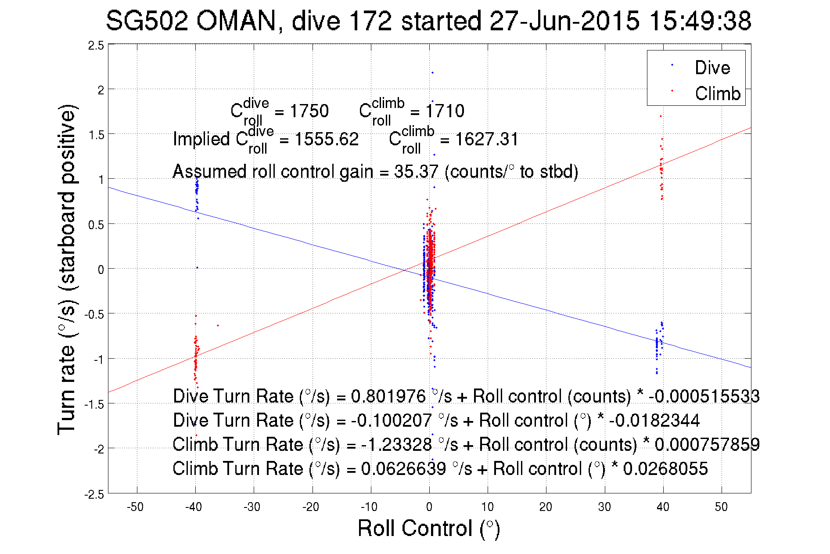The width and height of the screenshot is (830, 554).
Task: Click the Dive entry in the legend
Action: [x=712, y=68]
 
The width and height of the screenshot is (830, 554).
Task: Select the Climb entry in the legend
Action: [x=717, y=94]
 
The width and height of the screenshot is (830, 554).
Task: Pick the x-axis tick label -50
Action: [x=135, y=507]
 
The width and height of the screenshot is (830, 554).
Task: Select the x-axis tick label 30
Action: [x=604, y=507]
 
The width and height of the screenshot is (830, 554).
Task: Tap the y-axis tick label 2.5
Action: [x=96, y=46]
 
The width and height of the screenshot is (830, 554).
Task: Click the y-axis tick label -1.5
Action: [x=94, y=404]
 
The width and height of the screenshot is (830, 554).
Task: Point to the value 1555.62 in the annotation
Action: [x=326, y=140]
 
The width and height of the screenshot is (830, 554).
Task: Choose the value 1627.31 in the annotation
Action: [x=486, y=140]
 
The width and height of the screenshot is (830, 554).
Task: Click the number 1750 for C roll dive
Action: [x=309, y=111]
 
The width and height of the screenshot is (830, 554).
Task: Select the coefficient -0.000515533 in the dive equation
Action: [x=704, y=396]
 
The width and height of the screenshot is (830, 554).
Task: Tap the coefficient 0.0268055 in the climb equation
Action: [x=665, y=469]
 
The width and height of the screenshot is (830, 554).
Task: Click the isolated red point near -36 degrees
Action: [x=218, y=325]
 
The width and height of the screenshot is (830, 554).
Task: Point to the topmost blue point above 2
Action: [x=432, y=73]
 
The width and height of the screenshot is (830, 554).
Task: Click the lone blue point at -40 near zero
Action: [x=197, y=267]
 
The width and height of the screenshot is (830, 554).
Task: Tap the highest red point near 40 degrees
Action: [x=661, y=116]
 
